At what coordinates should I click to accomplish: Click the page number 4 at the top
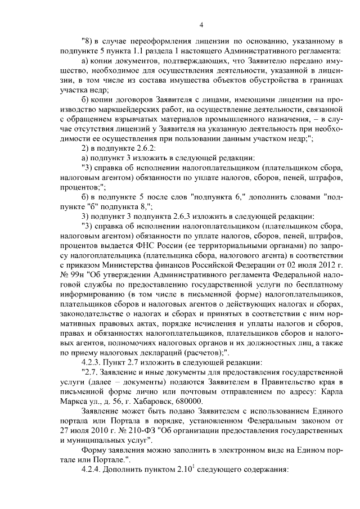pos(201,23)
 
